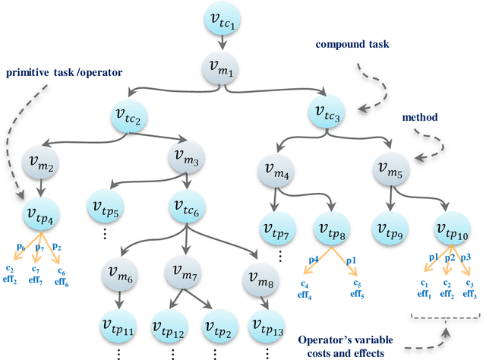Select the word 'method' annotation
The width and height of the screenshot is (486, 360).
coord(424,118)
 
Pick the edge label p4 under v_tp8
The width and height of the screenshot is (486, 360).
coord(313,261)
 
